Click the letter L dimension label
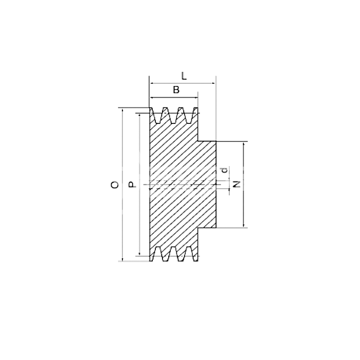(x=184, y=76)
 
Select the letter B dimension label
(x=176, y=90)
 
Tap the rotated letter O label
(x=115, y=185)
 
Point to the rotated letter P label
(x=132, y=184)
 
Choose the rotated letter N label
(x=237, y=184)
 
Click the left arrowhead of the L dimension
(x=152, y=83)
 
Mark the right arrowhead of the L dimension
(x=213, y=83)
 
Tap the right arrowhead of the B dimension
(x=195, y=98)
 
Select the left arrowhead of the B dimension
(x=152, y=98)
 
